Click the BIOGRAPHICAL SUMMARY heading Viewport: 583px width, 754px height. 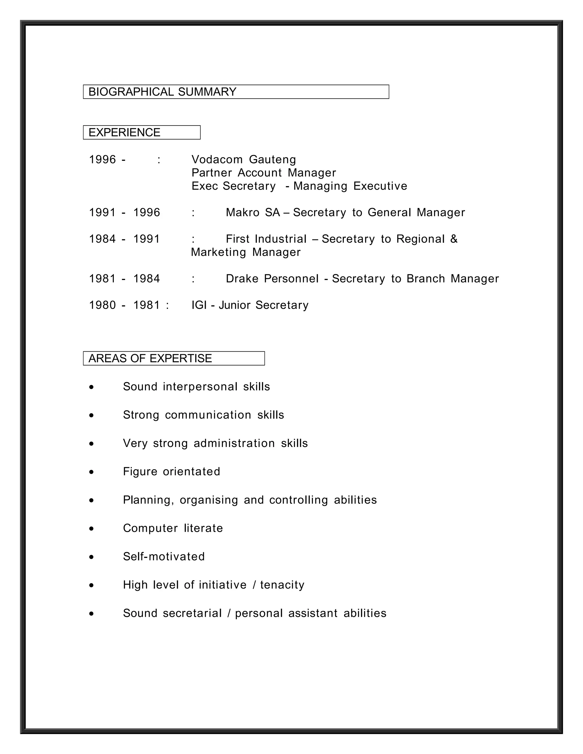[162, 92]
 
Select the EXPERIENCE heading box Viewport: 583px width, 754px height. [141, 133]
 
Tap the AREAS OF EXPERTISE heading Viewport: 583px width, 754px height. [150, 358]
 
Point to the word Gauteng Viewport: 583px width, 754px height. [272, 160]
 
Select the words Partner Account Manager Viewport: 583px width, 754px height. [264, 173]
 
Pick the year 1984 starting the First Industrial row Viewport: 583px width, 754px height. [102, 239]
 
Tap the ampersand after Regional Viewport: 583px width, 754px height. [454, 239]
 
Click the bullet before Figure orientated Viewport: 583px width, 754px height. [91, 472]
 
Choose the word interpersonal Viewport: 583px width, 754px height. [200, 387]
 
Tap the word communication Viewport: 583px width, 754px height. [208, 415]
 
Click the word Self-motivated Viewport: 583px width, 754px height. [164, 557]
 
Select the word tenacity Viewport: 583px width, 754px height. [282, 585]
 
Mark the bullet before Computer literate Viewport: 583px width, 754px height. [91, 529]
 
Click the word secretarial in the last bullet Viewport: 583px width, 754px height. [192, 613]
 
